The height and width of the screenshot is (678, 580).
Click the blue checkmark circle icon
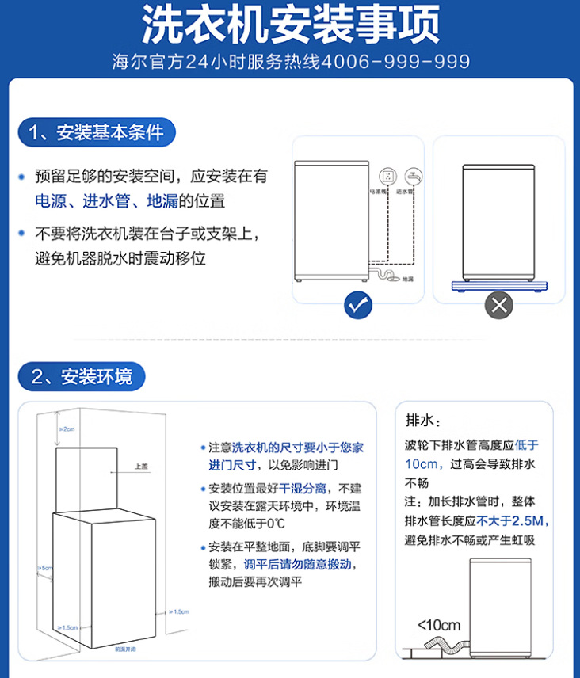coord(358,304)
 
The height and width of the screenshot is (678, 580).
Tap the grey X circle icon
coord(498,304)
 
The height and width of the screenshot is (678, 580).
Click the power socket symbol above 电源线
coord(387,175)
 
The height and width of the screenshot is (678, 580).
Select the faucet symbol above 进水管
coord(412,175)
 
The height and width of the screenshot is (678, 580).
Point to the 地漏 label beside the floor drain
coord(407,280)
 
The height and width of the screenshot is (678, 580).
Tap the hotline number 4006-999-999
coord(397,62)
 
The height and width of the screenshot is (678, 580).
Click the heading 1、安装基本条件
coord(96,131)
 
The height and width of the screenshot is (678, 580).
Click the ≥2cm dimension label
coord(67,429)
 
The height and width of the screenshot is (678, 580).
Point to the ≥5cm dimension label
coord(44,568)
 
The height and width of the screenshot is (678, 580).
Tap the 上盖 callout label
coord(141,467)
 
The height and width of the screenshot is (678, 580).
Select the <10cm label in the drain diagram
coord(439,624)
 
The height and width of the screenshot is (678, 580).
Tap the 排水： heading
coord(423,420)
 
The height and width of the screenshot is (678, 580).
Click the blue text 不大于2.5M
coord(513,521)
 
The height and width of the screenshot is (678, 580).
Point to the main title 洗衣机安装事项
coord(290,25)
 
